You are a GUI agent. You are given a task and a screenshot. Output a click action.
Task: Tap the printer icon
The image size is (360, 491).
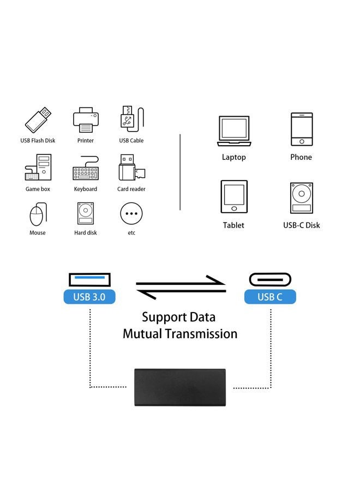pos(85,119)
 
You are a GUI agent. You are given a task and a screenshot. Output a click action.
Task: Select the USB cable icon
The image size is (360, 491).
pos(130,119)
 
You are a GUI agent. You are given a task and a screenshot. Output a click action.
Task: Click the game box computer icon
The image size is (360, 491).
pos(38,168)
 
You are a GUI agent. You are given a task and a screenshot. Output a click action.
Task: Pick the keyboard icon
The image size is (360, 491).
pos(85,170)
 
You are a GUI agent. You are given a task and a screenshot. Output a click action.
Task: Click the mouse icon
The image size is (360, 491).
pos(37,214)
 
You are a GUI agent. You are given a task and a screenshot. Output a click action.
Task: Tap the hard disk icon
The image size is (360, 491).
pos(85,213)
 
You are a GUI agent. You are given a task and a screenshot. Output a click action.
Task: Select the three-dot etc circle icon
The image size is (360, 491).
pos(131,213)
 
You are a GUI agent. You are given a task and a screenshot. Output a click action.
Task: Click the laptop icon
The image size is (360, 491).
pos(233,131)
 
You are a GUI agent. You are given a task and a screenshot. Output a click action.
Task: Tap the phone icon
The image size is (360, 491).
pos(301,129)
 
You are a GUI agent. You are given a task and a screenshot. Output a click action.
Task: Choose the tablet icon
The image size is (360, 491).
pos(233,196)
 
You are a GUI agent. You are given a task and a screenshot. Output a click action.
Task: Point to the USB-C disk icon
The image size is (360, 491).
pos(302,197)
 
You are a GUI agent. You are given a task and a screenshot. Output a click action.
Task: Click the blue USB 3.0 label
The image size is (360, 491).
pos(89,297)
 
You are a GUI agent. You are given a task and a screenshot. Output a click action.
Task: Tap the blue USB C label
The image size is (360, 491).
pos(269,297)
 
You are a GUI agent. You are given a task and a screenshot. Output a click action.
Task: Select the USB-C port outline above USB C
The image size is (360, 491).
pos(269,279)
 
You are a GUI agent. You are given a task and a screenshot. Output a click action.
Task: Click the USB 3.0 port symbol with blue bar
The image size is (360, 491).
pos(89,279)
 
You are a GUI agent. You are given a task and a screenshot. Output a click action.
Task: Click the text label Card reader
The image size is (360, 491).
pos(131,189)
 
